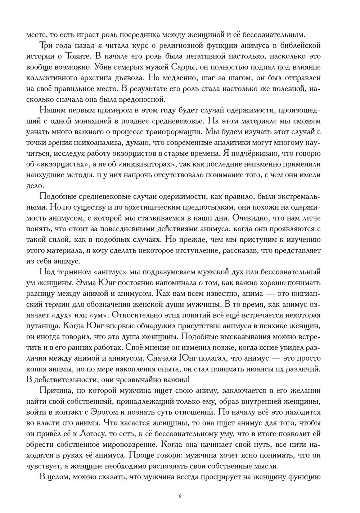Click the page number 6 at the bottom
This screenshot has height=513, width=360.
[180, 497]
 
